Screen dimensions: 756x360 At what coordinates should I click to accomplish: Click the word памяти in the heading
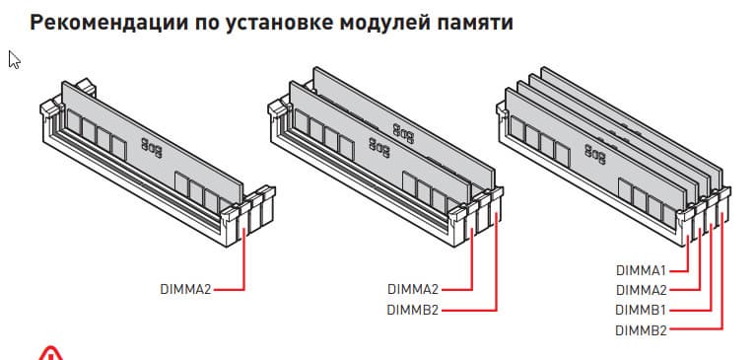pyautogui.click(x=475, y=24)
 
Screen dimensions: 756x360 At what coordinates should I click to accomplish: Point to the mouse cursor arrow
pyautogui.click(x=14, y=60)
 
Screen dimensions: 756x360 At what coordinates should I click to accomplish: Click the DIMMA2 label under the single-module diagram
pyautogui.click(x=185, y=290)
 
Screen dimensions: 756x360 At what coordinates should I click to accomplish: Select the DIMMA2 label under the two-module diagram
pyautogui.click(x=413, y=290)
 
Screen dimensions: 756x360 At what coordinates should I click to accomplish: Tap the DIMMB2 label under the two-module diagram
pyautogui.click(x=413, y=310)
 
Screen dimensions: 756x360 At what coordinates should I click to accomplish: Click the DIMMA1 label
pyautogui.click(x=642, y=270)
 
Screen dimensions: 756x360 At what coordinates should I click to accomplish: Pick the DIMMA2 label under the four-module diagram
pyautogui.click(x=642, y=290)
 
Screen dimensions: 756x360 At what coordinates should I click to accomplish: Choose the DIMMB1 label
pyautogui.click(x=642, y=310)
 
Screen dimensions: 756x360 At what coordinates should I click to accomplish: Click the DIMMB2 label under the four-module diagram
pyautogui.click(x=642, y=330)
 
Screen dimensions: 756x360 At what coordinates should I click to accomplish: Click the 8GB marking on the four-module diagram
pyautogui.click(x=595, y=154)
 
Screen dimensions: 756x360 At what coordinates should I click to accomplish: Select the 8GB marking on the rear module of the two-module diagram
pyautogui.click(x=403, y=133)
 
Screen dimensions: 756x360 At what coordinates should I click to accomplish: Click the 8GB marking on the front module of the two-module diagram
pyautogui.click(x=379, y=147)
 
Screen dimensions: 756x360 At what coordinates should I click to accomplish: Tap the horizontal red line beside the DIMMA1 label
pyautogui.click(x=680, y=270)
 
